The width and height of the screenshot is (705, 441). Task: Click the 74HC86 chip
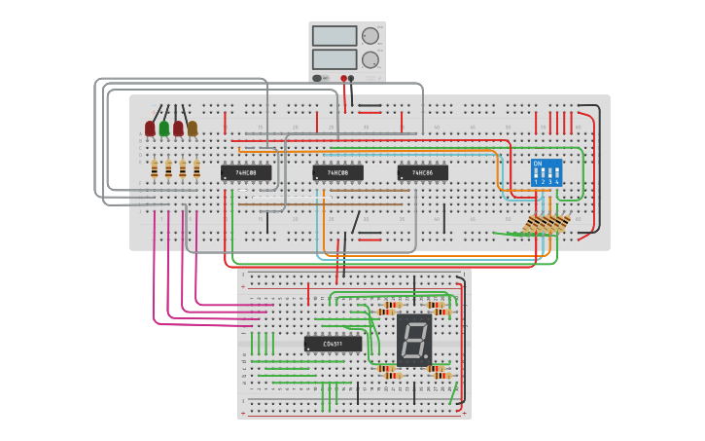tap(422, 172)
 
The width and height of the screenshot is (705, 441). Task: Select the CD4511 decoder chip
tap(333, 344)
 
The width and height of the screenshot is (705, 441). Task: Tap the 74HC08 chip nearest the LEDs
tap(245, 172)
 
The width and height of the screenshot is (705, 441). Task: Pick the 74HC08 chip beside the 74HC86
tap(336, 172)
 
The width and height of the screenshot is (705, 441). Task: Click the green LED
tap(164, 128)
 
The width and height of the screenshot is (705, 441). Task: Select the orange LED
tap(193, 128)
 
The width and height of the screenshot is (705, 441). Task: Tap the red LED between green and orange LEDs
tap(178, 128)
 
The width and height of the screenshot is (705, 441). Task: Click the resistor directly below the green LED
tap(168, 169)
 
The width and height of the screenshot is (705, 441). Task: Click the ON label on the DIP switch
tap(537, 163)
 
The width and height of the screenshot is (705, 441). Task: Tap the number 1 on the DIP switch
tap(536, 182)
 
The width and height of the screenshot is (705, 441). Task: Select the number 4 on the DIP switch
tap(557, 182)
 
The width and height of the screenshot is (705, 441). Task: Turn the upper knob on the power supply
tap(370, 37)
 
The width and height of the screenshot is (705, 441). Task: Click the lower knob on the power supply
tap(370, 59)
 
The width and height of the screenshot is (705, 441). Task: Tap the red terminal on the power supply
tap(342, 77)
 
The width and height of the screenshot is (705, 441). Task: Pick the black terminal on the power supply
tap(351, 77)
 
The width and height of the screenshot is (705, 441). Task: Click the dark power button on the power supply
tap(317, 77)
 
